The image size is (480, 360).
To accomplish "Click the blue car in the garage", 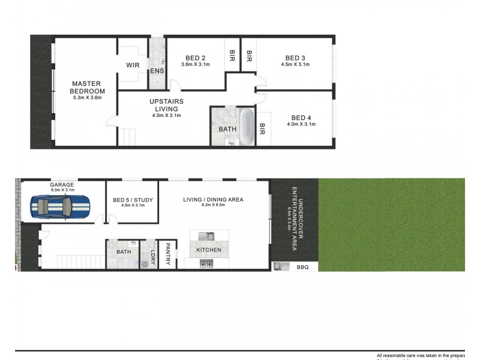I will pyautogui.click(x=60, y=207).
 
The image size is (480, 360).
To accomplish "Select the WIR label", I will pyautogui.click(x=133, y=65).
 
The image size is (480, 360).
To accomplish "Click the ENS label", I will pyautogui.click(x=157, y=71).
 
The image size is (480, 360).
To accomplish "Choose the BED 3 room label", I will pyautogui.click(x=295, y=58).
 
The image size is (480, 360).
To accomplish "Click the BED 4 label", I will pyautogui.click(x=301, y=118).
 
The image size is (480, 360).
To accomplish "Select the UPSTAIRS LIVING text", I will pyautogui.click(x=166, y=105).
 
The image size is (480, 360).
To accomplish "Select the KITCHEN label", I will pyautogui.click(x=209, y=250).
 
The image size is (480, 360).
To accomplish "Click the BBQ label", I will pyautogui.click(x=302, y=268).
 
